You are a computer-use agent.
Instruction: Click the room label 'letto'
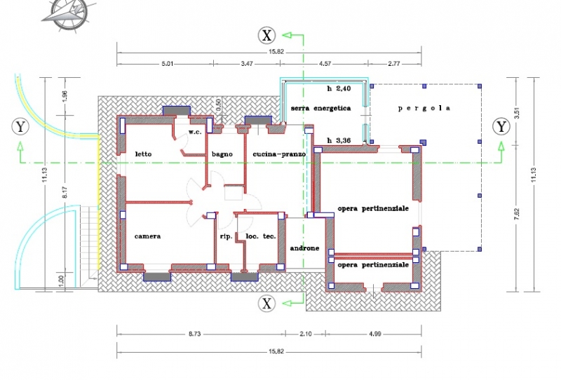pyautogui.click(x=143, y=154)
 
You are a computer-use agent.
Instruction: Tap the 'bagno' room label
pyautogui.click(x=222, y=154)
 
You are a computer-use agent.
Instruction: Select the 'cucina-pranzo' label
pyautogui.click(x=279, y=154)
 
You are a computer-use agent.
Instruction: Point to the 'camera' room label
pyautogui.click(x=147, y=236)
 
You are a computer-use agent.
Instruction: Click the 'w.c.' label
pyautogui.click(x=195, y=132)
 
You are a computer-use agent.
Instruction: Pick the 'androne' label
pyautogui.click(x=304, y=248)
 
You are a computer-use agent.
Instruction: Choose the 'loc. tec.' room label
pyautogui.click(x=261, y=236)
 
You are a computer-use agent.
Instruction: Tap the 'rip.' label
pyautogui.click(x=226, y=236)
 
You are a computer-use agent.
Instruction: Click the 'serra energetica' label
pyautogui.click(x=320, y=108)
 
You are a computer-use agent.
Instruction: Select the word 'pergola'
pyautogui.click(x=424, y=108)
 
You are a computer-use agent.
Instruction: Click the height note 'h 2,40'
pyautogui.click(x=339, y=88)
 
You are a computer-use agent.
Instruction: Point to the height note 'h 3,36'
pyautogui.click(x=339, y=141)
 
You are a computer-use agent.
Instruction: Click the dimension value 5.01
pyautogui.click(x=168, y=64)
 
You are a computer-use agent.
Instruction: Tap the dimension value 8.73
pyautogui.click(x=195, y=334)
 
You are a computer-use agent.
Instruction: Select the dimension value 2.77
pyautogui.click(x=393, y=64)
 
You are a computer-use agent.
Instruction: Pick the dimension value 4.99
pyautogui.click(x=374, y=334)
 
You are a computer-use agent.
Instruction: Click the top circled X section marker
pyautogui.click(x=267, y=35)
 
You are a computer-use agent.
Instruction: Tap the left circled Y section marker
pyautogui.click(x=20, y=127)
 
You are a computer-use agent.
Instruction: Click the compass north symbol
pyautogui.click(x=69, y=13)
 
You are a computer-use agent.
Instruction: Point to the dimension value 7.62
pyautogui.click(x=516, y=215)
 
